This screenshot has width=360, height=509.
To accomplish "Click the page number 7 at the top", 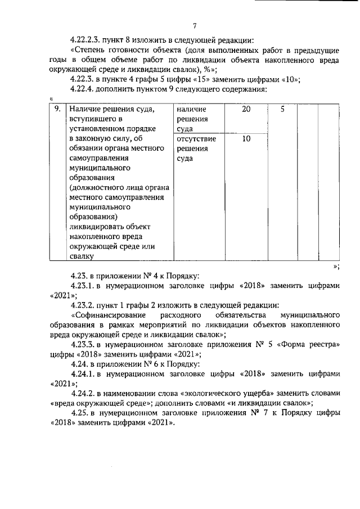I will click(x=194, y=25).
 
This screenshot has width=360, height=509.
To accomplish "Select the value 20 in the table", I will click(x=246, y=109).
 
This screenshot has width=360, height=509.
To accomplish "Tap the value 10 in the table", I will click(x=246, y=138).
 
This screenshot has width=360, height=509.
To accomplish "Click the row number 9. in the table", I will click(x=57, y=109).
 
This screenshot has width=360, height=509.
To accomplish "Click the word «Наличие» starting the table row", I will click(x=86, y=109).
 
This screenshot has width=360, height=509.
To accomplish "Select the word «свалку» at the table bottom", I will click(x=81, y=256).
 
